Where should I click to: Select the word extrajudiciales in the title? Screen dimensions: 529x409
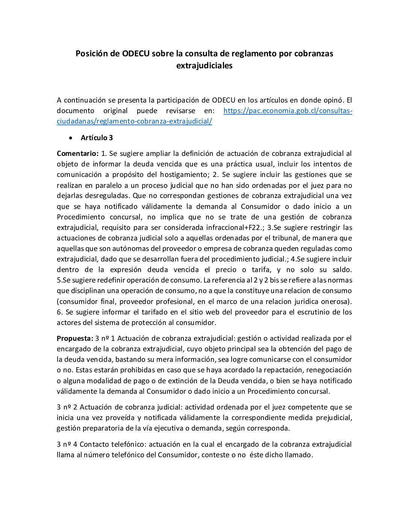(x=204, y=66)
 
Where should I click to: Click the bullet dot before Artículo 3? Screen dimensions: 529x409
(x=71, y=138)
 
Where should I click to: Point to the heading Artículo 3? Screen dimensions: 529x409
(x=97, y=138)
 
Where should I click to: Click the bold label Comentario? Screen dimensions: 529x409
(x=77, y=154)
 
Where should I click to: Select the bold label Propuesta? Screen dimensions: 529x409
(x=75, y=339)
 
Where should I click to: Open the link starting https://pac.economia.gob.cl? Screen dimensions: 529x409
(x=288, y=111)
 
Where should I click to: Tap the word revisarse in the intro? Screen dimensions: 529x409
(x=180, y=111)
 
